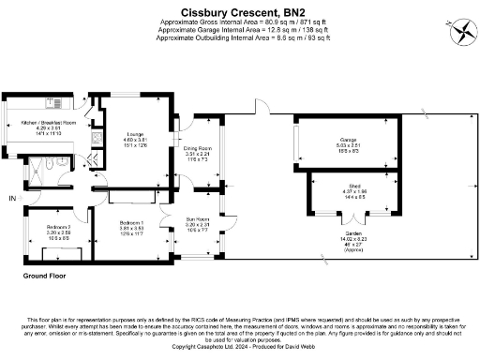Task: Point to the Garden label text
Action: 349,235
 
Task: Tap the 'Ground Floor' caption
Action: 48,277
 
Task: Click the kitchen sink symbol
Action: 95,140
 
